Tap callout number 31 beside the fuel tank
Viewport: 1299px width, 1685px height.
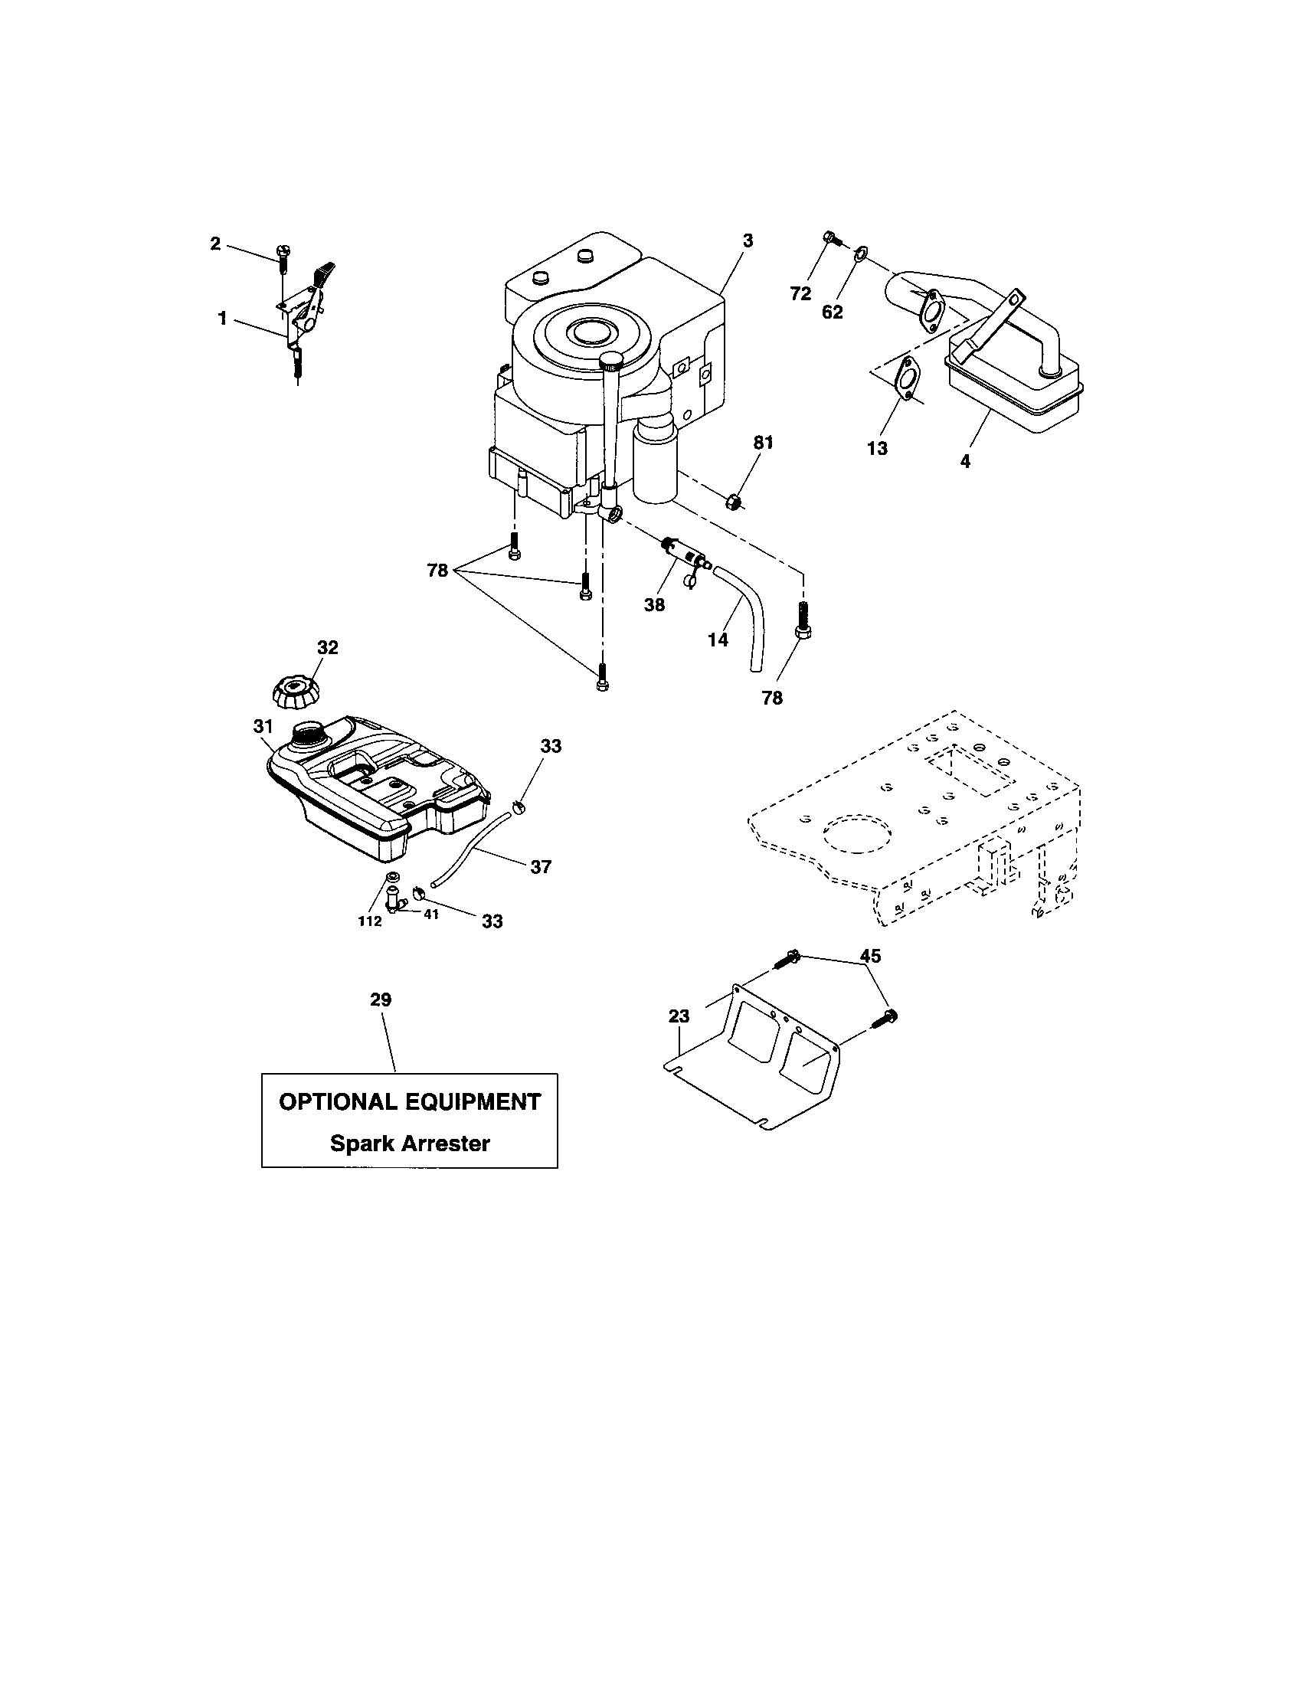click(263, 726)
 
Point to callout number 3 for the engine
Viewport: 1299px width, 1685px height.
click(748, 240)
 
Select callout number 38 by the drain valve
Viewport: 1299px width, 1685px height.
click(654, 605)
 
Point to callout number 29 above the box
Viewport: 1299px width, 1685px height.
click(381, 1000)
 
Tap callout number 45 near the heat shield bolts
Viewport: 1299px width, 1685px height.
click(870, 956)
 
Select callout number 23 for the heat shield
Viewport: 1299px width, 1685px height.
click(679, 1017)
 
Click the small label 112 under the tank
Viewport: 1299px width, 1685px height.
click(369, 921)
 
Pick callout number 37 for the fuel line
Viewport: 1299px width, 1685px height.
click(541, 867)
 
